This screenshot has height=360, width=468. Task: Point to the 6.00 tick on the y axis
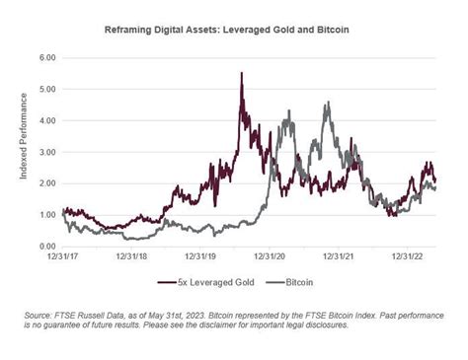coord(46,57)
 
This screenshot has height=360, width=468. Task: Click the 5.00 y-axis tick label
coord(46,89)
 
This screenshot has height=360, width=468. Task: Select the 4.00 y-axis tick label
coord(46,120)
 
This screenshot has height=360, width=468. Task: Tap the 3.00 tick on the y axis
coord(46,152)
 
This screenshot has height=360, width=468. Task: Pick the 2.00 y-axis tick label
coord(46,183)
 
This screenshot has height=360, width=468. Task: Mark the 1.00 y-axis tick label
coord(46,215)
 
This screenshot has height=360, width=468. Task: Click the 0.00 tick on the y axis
coord(46,247)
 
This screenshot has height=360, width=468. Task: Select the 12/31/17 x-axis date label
coord(61,256)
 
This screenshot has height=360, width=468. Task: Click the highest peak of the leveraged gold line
coord(242,74)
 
